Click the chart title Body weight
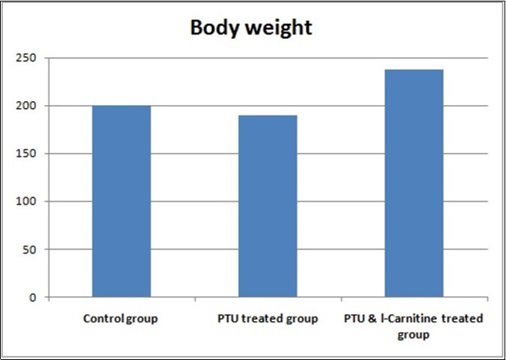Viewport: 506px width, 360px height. point(251,28)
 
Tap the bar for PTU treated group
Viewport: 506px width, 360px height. point(268,206)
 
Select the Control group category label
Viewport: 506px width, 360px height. point(121,319)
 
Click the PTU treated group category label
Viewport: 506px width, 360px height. point(268,319)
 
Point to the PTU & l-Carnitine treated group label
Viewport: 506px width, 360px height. point(414,326)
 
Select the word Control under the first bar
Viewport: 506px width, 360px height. point(103,319)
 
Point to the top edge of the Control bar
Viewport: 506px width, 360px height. point(121,106)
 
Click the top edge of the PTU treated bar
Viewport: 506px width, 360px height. point(268,115)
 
